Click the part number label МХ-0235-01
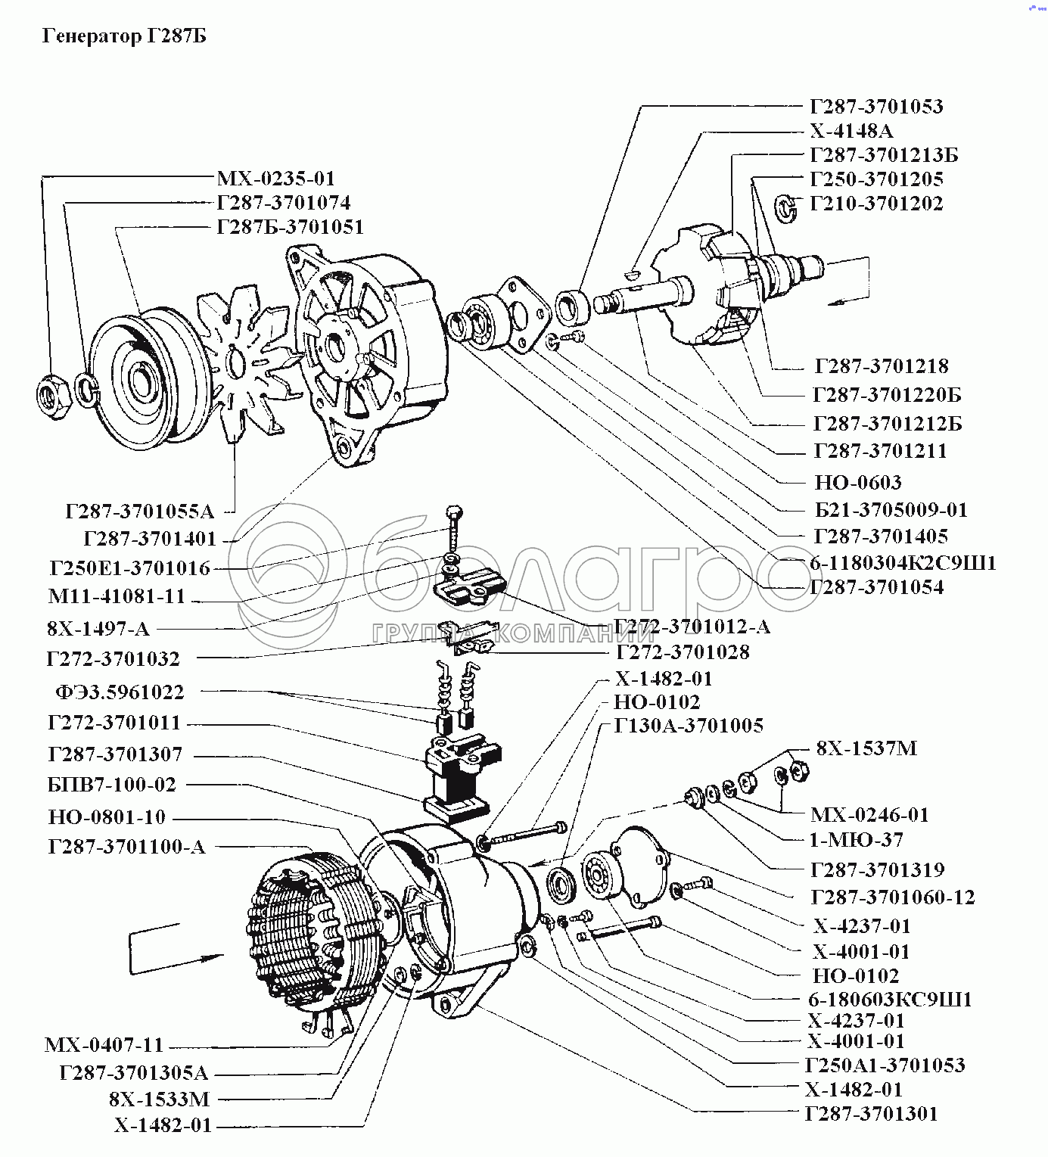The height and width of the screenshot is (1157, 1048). [275, 179]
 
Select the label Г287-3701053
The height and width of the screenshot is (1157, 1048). [876, 106]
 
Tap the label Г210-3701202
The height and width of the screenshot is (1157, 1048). [876, 204]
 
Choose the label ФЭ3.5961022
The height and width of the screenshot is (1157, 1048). [119, 692]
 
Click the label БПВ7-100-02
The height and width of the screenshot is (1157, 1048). [111, 785]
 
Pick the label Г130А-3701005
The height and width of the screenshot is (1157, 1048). [689, 726]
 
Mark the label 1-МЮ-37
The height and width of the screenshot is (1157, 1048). [856, 840]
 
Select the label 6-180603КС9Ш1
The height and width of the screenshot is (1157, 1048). [888, 1000]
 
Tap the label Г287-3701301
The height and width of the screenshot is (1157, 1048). [872, 1114]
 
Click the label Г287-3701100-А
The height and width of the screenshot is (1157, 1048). [126, 847]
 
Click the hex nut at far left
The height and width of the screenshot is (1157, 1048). [54, 393]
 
